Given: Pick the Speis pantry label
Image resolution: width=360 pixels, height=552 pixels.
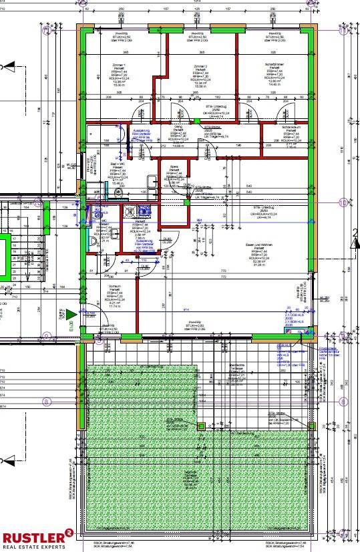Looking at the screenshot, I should point(174,168).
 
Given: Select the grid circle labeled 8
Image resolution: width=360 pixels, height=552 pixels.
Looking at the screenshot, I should point(46,402).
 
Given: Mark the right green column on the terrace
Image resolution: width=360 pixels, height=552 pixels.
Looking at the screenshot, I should point(311,425).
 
